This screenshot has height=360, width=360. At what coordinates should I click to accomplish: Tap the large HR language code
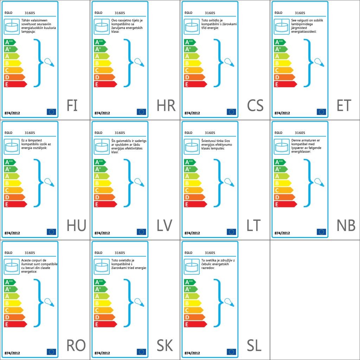click(166, 105)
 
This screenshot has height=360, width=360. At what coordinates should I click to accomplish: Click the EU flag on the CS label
click(231, 112)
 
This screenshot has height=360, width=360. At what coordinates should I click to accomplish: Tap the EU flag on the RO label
click(51, 352)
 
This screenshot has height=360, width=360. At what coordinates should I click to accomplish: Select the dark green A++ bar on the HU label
click(10, 162)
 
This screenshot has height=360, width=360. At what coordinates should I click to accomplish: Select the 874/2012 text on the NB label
click(282, 233)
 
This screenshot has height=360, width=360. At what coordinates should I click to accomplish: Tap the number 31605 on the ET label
click(300, 13)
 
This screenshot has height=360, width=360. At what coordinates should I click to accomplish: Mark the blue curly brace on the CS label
click(219, 63)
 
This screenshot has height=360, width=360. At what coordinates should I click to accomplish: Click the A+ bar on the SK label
click(100, 289)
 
